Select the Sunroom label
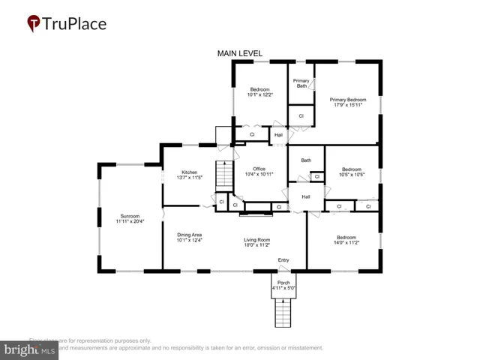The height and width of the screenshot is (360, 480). tap(130, 216)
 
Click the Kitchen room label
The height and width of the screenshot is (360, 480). tap(187, 172)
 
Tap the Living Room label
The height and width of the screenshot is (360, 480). tap(256, 240)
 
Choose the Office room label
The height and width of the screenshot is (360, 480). tap(259, 169)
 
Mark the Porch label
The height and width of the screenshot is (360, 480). tap(283, 283)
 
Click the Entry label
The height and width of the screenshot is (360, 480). tap(283, 260)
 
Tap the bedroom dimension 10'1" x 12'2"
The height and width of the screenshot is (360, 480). tap(260, 95)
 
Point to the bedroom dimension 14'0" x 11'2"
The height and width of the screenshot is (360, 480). tap(346, 242)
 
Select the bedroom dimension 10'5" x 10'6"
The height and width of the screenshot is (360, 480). tap(351, 175)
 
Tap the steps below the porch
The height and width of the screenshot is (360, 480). tap(283, 311)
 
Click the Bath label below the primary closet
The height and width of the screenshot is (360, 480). tap(306, 160)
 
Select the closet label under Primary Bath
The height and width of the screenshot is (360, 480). tap(301, 116)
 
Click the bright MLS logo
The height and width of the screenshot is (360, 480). tap(30, 349)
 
